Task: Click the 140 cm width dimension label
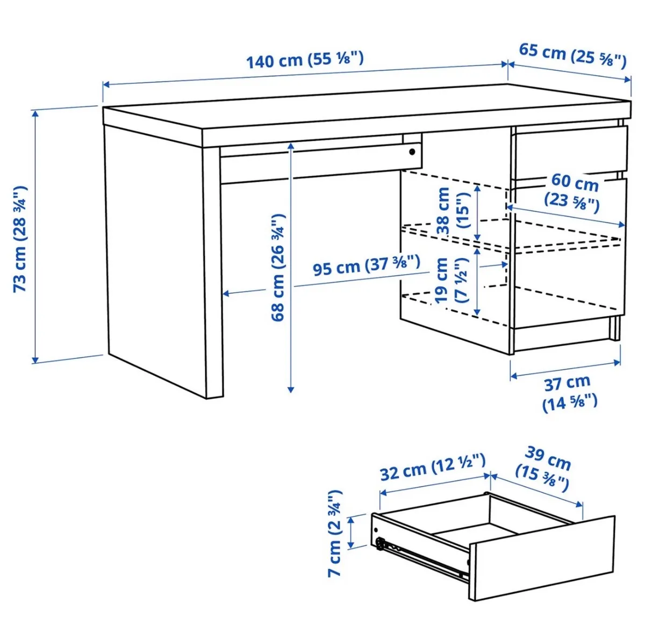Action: pyautogui.click(x=305, y=59)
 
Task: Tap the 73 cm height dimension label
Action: pyautogui.click(x=20, y=239)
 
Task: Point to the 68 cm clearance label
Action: pyautogui.click(x=278, y=267)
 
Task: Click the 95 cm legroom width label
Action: pyautogui.click(x=365, y=265)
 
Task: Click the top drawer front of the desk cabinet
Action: pyautogui.click(x=570, y=150)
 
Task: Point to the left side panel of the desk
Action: pyautogui.click(x=156, y=253)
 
